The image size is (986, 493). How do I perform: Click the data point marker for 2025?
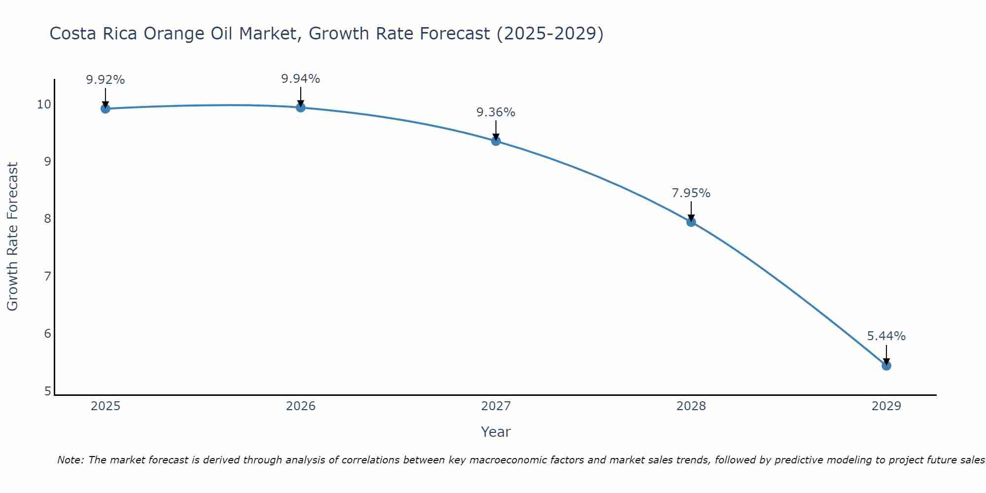pyautogui.click(x=105, y=108)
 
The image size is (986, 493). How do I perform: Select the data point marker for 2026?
pyautogui.click(x=301, y=107)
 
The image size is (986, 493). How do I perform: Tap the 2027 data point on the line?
pyautogui.click(x=496, y=141)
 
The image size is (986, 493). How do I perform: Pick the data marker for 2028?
pyautogui.click(x=691, y=222)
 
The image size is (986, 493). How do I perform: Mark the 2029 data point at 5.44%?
pyautogui.click(x=886, y=366)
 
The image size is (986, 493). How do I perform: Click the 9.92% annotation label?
pyautogui.click(x=105, y=80)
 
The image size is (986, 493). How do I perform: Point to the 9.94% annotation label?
pyautogui.click(x=301, y=79)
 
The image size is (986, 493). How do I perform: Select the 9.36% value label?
pyautogui.click(x=496, y=112)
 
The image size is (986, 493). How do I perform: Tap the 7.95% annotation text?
pyautogui.click(x=691, y=193)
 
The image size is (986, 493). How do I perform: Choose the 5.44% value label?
pyautogui.click(x=886, y=336)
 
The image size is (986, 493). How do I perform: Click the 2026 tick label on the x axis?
pyautogui.click(x=301, y=406)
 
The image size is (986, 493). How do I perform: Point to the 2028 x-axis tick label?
pyautogui.click(x=691, y=406)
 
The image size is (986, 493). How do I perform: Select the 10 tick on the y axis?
pyautogui.click(x=44, y=104)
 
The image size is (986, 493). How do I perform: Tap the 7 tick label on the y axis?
pyautogui.click(x=47, y=276)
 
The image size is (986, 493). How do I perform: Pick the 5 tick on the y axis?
pyautogui.click(x=47, y=391)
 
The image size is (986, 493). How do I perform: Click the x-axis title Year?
pyautogui.click(x=496, y=432)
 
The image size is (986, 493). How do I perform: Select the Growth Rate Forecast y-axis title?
pyautogui.click(x=13, y=237)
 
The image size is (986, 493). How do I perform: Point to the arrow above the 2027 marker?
pyautogui.click(x=496, y=129)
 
